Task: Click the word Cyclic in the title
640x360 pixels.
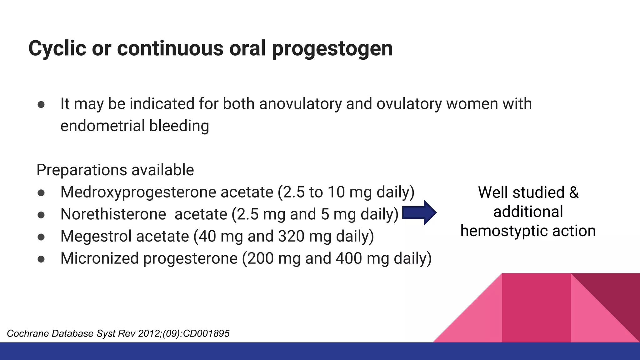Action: coord(57,49)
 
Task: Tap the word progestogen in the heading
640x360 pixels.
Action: coord(332,49)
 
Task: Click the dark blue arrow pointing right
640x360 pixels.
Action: coord(419,213)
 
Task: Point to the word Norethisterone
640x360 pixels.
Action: coord(113,214)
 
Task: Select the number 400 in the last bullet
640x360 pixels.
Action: coord(349,258)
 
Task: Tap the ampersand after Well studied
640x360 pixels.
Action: coord(574,192)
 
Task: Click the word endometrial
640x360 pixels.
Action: coord(102,126)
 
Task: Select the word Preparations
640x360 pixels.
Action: coord(82,170)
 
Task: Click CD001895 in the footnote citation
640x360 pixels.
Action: coord(206,334)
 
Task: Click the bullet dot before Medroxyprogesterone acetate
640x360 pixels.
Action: coord(41,193)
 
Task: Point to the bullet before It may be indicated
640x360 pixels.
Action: coord(41,104)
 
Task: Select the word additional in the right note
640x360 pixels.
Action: coord(528,212)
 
